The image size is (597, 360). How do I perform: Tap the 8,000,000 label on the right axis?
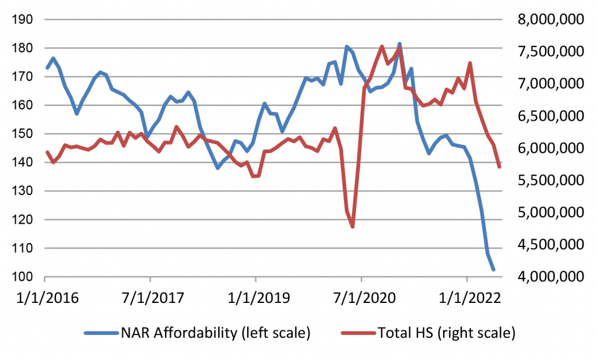pyautogui.click(x=546, y=20)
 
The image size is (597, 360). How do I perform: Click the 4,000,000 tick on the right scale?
pyautogui.click(x=546, y=277)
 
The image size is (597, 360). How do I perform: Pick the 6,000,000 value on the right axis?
pyautogui.click(x=546, y=149)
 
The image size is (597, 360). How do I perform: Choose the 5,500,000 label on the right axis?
pyautogui.click(x=546, y=181)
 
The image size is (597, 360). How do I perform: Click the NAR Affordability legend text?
pyautogui.click(x=215, y=334)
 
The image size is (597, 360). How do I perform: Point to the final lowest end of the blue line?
pyautogui.click(x=494, y=270)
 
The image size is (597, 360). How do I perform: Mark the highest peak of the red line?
pyautogui.click(x=382, y=46)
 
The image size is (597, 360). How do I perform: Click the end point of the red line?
pyautogui.click(x=500, y=167)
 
